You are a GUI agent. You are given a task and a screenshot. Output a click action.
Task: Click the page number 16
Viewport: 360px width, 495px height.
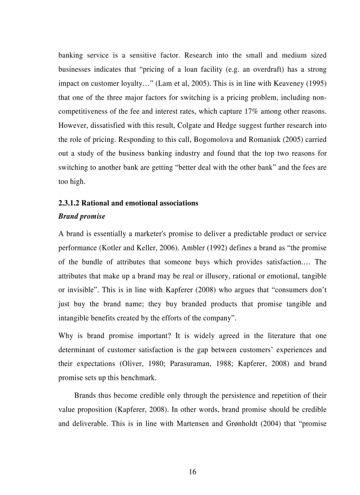[x=192, y=472]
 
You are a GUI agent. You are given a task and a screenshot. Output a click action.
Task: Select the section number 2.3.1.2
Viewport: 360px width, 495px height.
[x=69, y=203]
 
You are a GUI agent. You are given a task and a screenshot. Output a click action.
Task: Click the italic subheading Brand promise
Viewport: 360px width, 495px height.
[x=82, y=216]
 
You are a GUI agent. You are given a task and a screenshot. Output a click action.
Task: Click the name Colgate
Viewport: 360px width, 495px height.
[x=188, y=126]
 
